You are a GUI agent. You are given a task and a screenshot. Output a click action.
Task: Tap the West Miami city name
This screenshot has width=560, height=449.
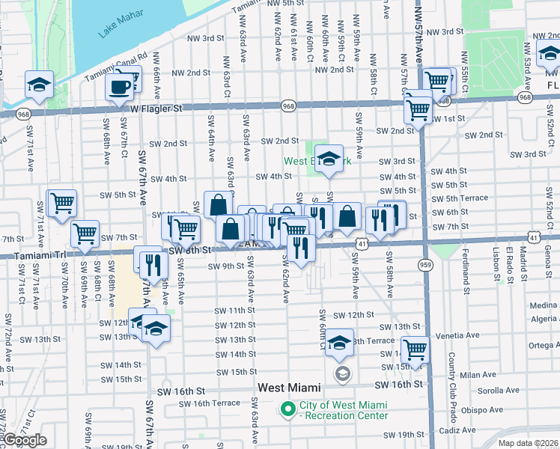pos(289,388)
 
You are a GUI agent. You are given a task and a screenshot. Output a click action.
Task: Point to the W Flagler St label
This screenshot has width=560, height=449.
pos(156,109)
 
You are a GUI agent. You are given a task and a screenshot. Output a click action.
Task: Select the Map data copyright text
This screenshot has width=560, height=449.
pos(528,443)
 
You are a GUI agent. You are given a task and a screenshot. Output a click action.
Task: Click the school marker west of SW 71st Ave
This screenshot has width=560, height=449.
pos(39,86)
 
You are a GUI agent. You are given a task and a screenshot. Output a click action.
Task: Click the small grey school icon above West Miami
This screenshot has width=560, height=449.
pos(342,373)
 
